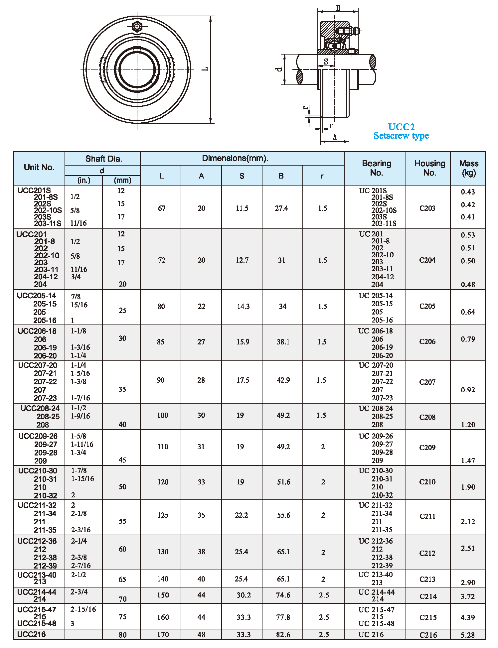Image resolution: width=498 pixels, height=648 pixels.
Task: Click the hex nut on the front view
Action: pos(137,26)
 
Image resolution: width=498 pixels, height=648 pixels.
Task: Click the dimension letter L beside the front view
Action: pos(206,69)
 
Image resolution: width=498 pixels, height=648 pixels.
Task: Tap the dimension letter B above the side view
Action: pos(338,8)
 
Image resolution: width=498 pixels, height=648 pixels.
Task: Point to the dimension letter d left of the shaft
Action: pos(279,69)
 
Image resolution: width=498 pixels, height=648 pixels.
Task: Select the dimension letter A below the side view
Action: pos(335,137)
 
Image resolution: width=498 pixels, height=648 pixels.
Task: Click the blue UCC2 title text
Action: pos(401,127)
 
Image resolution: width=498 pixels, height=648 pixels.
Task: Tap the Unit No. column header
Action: pos(39,167)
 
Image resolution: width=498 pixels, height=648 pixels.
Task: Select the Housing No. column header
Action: pos(429,168)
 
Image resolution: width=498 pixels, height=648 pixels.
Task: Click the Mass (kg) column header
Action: pos(469,168)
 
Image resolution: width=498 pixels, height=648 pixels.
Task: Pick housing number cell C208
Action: pos(427,417)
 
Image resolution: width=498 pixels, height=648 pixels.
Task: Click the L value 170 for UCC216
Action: pos(163,635)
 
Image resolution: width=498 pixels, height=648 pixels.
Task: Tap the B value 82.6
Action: pos(283,635)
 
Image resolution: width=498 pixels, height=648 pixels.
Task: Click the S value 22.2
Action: pos(242,515)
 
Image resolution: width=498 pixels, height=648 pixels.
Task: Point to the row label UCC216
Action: pos(32,634)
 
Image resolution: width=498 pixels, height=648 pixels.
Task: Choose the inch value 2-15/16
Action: pos(83,609)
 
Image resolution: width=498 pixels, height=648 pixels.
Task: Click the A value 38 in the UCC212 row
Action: pos(201,552)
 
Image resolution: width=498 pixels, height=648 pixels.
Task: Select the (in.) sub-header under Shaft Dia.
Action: pos(84,180)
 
